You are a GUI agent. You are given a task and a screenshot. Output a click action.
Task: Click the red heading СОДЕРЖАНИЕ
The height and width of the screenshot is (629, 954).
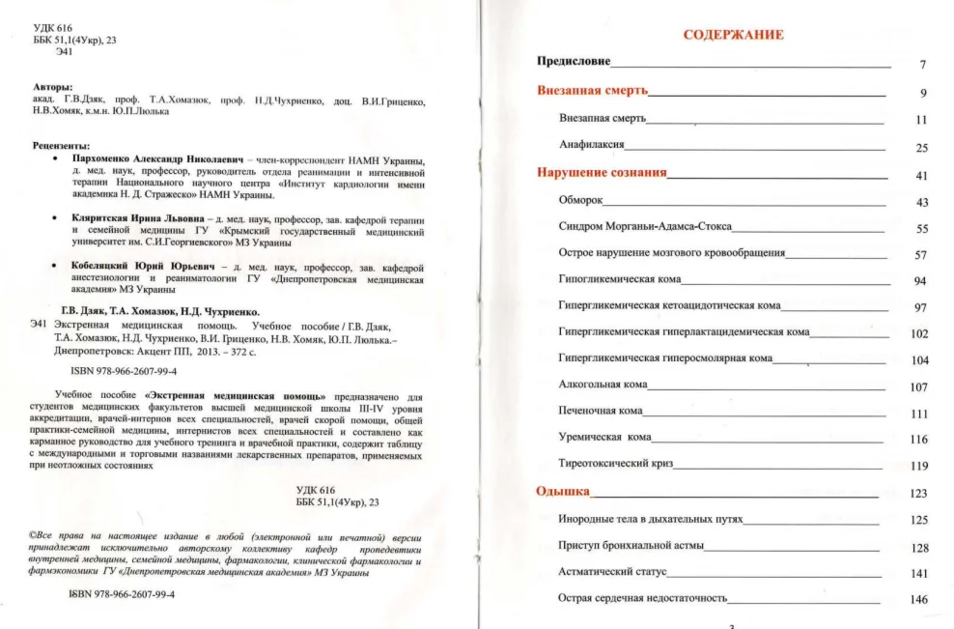733,35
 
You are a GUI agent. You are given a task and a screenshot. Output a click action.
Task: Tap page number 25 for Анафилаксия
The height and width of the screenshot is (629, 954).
920,148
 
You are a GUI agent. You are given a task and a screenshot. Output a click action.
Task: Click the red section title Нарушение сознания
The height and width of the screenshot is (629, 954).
602,174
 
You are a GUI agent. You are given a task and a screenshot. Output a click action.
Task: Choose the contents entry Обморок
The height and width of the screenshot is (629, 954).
580,201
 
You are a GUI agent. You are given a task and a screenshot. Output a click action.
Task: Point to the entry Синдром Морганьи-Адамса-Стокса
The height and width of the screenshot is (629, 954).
645,227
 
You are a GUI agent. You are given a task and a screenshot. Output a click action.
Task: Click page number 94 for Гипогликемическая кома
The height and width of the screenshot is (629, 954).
919,281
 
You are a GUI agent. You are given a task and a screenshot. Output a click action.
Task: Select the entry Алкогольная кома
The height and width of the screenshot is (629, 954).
603,386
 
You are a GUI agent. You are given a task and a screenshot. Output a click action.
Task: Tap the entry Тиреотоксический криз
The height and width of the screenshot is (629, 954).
615,465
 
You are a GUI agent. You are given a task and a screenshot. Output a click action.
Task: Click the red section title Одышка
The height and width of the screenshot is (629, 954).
562,492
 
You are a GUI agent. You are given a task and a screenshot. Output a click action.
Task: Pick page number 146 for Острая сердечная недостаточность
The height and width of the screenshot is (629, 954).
918,599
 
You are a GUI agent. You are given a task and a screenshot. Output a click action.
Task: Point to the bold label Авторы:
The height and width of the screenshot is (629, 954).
53,87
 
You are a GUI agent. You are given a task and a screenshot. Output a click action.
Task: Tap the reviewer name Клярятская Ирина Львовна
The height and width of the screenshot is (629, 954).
141,221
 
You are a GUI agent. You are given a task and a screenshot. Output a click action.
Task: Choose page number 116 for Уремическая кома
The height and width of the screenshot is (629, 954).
918,440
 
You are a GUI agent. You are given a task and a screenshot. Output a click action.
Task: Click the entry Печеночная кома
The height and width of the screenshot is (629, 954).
601,412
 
